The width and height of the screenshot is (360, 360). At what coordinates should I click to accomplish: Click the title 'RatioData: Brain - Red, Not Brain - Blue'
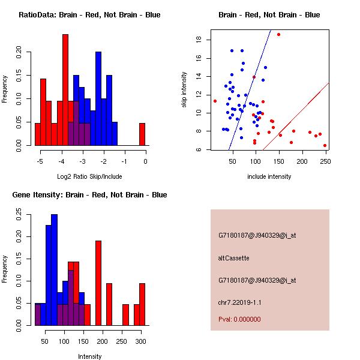pyautogui.click(x=89, y=15)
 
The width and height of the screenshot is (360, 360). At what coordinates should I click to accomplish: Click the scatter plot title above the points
pyautogui.click(x=269, y=15)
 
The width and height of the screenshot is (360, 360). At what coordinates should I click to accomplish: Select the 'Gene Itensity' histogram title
pyautogui.click(x=89, y=195)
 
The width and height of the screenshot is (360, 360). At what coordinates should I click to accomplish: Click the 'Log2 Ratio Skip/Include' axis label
pyautogui.click(x=89, y=176)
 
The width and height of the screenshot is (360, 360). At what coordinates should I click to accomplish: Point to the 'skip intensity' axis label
pyautogui.click(x=184, y=90)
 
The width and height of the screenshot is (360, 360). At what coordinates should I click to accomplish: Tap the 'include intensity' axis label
pyautogui.click(x=269, y=176)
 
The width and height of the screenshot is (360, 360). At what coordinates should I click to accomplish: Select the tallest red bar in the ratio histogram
pyautogui.click(x=65, y=90)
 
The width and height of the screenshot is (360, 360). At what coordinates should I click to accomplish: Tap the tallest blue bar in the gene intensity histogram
pyautogui.click(x=54, y=270)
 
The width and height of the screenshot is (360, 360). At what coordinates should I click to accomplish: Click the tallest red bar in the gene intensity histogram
pyautogui.click(x=98, y=283)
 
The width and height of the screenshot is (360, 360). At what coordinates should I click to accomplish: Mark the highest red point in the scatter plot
pyautogui.click(x=278, y=35)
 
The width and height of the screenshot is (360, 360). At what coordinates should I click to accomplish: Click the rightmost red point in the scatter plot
pyautogui.click(x=325, y=145)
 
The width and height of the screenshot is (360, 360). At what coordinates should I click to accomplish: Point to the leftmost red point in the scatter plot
pyautogui.click(x=215, y=101)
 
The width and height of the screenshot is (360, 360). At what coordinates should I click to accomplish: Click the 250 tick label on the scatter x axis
pyautogui.click(x=325, y=161)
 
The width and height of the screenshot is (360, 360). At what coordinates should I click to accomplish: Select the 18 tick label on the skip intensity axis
pyautogui.click(x=197, y=40)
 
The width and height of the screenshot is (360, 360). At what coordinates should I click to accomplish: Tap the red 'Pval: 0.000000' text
pyautogui.click(x=239, y=319)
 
